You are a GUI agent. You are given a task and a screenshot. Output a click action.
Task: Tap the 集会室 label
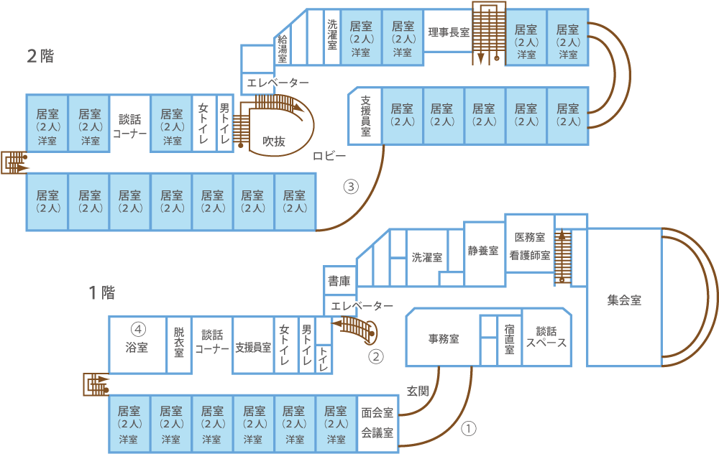624,300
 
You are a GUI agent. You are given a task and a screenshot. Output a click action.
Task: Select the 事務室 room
443,338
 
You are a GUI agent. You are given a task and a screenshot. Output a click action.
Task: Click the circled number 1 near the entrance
468,428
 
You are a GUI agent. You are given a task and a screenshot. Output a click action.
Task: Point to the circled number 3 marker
351,187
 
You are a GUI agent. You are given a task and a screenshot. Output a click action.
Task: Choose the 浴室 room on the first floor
137,345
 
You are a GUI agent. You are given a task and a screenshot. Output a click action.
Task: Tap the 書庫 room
340,281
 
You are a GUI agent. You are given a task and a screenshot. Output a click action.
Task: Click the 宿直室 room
509,340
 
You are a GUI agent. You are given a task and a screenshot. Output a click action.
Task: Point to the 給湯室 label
283,49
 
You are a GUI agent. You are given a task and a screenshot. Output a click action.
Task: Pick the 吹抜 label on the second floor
274,141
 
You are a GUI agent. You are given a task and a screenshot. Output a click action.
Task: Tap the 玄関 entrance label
418,391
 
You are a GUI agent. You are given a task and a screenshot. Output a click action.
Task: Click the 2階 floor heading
40,56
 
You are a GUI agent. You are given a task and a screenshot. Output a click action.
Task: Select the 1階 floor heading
102,292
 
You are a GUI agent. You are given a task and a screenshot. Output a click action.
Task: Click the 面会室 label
377,413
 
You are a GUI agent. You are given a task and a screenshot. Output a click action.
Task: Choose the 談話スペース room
546,337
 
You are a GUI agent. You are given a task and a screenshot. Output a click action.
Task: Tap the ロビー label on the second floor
329,156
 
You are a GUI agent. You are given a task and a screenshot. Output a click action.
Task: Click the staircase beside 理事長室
489,34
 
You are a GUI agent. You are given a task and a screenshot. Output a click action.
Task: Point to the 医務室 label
530,237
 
